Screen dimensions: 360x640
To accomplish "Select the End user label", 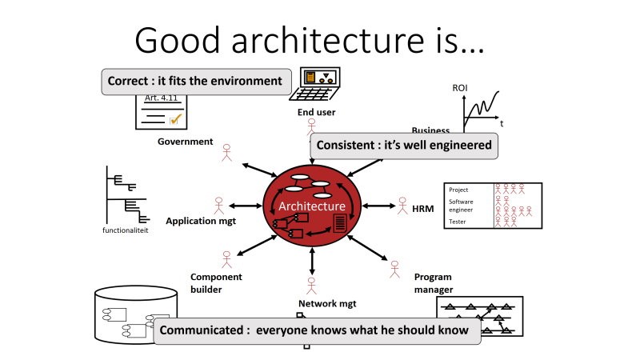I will click(x=317, y=112).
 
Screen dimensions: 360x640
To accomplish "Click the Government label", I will click(x=186, y=142).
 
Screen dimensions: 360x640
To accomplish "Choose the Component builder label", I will click(x=216, y=283).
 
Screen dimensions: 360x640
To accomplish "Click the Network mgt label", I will click(x=327, y=303).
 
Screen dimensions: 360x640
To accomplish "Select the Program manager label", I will click(x=434, y=283).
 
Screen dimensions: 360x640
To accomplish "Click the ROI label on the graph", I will click(x=460, y=88).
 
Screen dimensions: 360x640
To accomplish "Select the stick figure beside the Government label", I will click(x=226, y=151).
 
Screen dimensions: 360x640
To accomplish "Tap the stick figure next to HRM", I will click(x=402, y=206).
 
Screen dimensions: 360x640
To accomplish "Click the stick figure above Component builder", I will click(x=226, y=259).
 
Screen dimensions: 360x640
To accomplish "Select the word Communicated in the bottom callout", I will click(x=200, y=330).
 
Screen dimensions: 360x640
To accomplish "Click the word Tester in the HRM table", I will click(x=458, y=222).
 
